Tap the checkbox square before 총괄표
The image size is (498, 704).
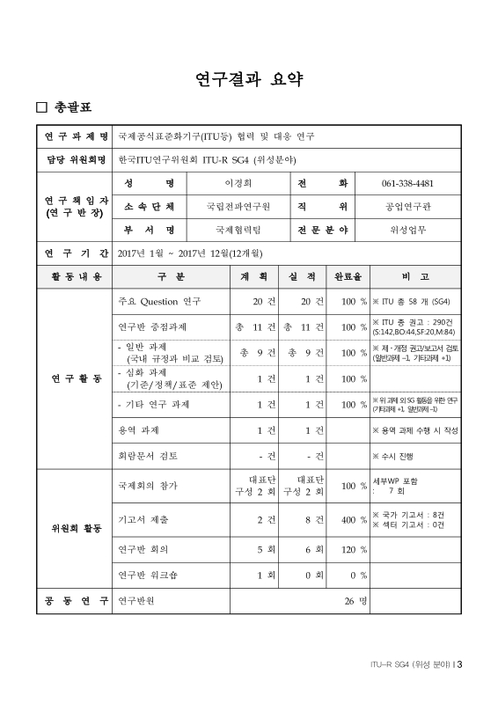pyautogui.click(x=40, y=109)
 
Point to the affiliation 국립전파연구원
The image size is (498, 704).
pyautogui.click(x=238, y=206)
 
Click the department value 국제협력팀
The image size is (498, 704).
pyautogui.click(x=238, y=229)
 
